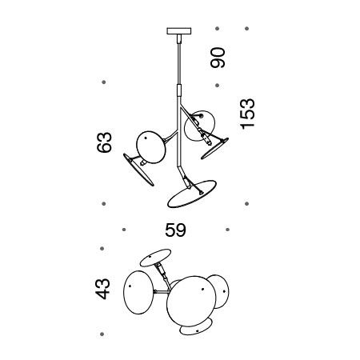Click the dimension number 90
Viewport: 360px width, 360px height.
[x=218, y=58]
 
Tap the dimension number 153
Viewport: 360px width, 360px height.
[x=247, y=114]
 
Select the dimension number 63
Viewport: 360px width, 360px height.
[x=104, y=142]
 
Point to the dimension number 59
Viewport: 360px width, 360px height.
[x=175, y=230]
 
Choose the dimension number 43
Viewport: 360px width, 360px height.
[x=102, y=289]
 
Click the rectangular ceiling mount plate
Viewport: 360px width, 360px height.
[x=179, y=31]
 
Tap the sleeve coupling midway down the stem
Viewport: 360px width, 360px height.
[x=179, y=90]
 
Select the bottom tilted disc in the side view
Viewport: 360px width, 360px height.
[x=192, y=194]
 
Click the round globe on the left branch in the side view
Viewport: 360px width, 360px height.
[x=150, y=147]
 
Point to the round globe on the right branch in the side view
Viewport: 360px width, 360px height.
[x=199, y=126]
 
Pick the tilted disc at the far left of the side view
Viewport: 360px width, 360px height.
[x=138, y=170]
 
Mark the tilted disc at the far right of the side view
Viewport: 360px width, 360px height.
[x=215, y=149]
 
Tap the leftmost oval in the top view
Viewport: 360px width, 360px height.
[x=138, y=292]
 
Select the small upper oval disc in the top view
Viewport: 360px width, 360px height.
[x=155, y=258]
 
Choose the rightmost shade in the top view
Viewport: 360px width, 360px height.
[x=218, y=292]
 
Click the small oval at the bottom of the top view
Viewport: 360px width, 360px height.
[x=196, y=328]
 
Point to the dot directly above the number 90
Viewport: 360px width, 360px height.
[x=218, y=29]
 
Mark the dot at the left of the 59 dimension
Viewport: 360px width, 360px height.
[x=124, y=230]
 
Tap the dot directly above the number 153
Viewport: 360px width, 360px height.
[x=247, y=29]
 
